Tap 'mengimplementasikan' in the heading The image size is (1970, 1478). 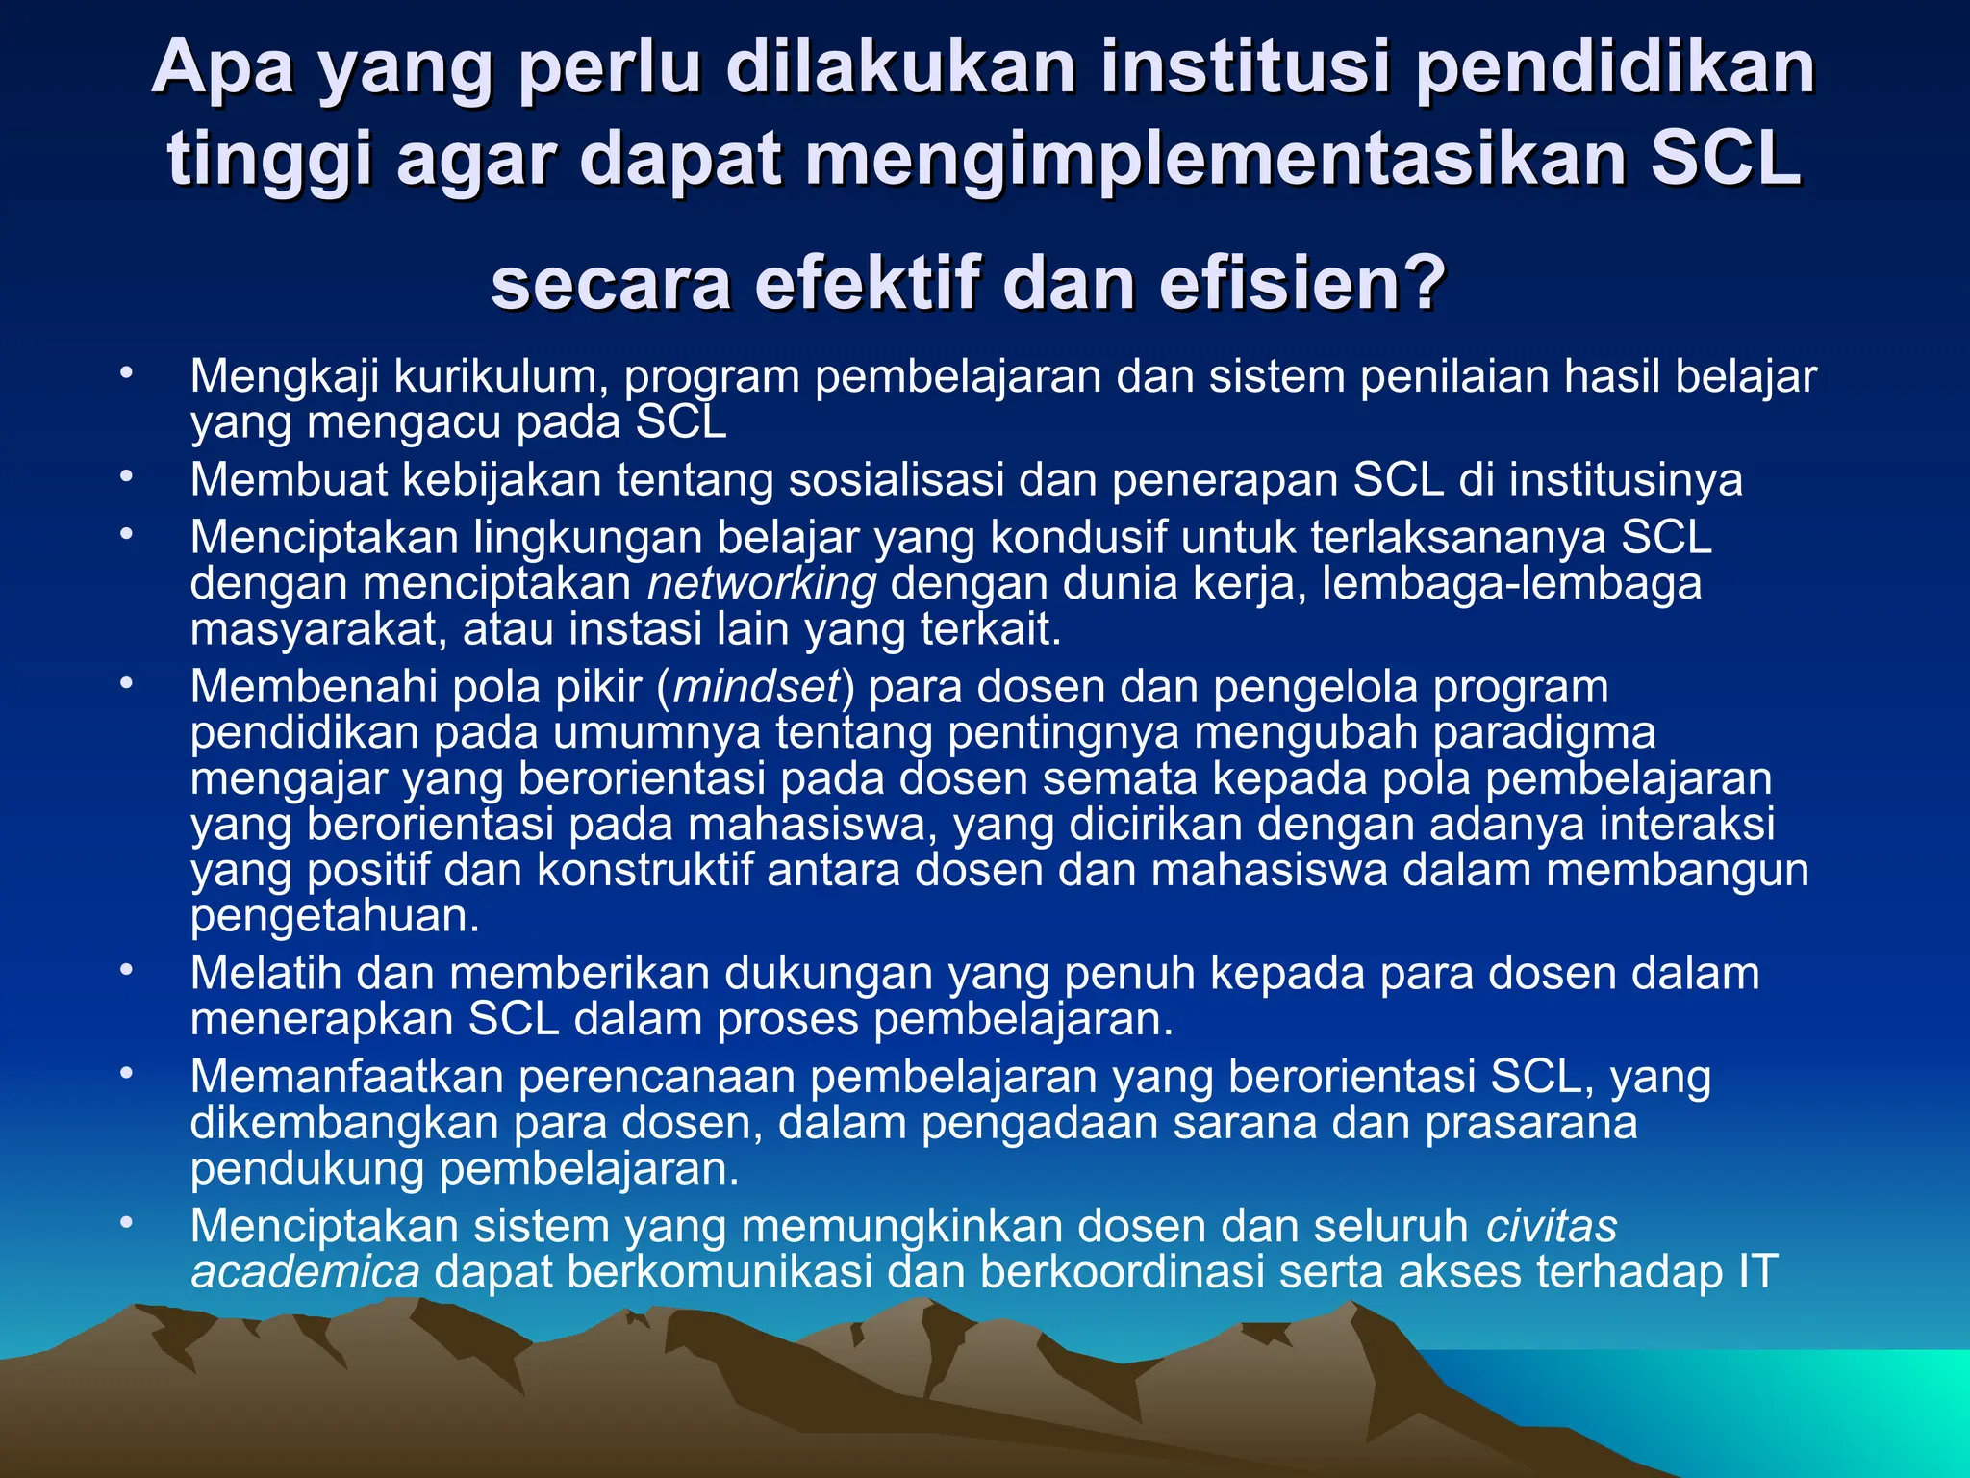[1214, 159]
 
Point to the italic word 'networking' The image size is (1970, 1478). [762, 584]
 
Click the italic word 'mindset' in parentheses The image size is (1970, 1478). [757, 687]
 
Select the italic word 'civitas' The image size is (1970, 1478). [1551, 1227]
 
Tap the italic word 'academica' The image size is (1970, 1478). [305, 1272]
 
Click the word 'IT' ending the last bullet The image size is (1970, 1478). [1756, 1272]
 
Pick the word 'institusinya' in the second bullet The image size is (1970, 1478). [1625, 480]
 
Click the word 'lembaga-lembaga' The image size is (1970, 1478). [1511, 584]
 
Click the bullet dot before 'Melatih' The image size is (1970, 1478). [125, 970]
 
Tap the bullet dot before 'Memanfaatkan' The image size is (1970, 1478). [125, 1073]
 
